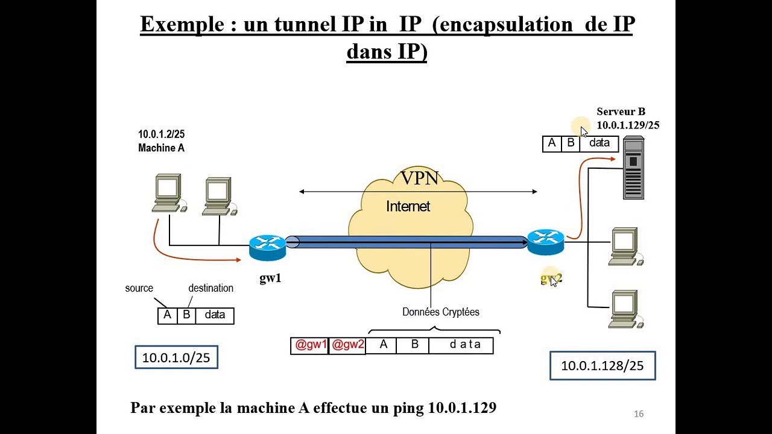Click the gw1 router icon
[x=267, y=248]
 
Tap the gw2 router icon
[x=546, y=242]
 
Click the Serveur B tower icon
[x=633, y=168]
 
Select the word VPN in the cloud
[x=420, y=178]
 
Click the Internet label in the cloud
[x=408, y=206]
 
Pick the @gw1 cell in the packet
[x=310, y=345]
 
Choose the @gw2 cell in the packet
[x=347, y=345]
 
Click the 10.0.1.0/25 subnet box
[x=177, y=357]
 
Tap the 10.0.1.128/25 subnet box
[x=603, y=365]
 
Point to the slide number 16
[x=639, y=414]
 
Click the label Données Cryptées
[x=441, y=312]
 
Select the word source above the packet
[x=139, y=288]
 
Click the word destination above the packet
[x=210, y=288]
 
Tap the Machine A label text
[x=161, y=148]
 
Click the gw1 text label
[x=271, y=278]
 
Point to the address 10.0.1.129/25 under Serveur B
[x=628, y=125]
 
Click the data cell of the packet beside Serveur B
[x=600, y=143]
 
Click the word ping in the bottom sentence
[x=408, y=409]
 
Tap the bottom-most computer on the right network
[x=625, y=309]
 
